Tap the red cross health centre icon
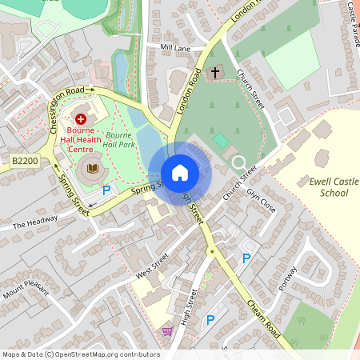(81, 118)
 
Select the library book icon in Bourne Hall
(94, 167)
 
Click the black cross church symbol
(214, 73)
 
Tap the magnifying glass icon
(238, 163)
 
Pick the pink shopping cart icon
(167, 331)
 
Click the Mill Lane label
(176, 48)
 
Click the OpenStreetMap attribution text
(80, 354)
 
